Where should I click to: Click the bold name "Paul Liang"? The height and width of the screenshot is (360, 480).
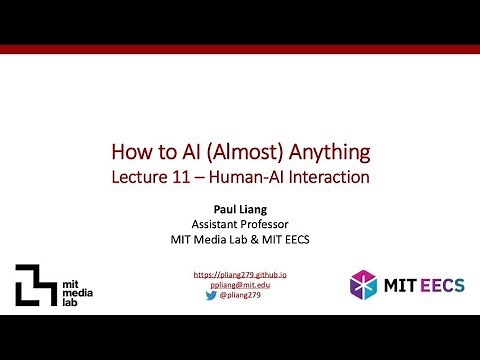pyautogui.click(x=240, y=211)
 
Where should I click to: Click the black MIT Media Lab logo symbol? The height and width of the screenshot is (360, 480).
pyautogui.click(x=34, y=284)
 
